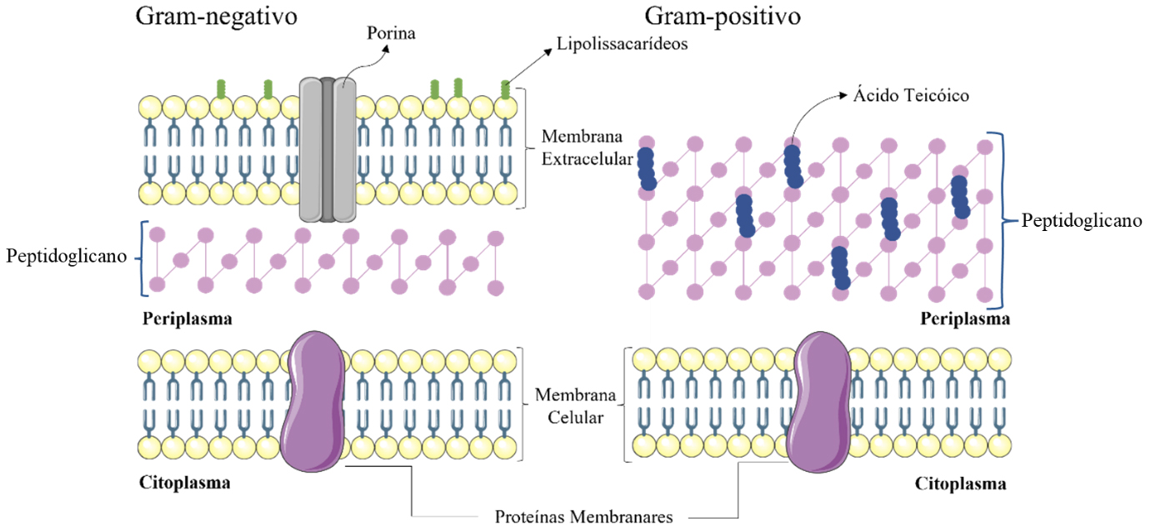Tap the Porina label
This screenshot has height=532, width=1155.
[x=391, y=33]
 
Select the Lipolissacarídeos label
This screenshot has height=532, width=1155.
[x=622, y=45]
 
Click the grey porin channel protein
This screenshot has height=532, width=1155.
[x=327, y=150]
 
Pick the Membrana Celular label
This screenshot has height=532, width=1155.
[x=569, y=405]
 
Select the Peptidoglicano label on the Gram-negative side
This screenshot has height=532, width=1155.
[x=65, y=255]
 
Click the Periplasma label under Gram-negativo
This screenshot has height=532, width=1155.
[x=187, y=319]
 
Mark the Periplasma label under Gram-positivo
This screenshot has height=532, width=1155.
[x=965, y=319]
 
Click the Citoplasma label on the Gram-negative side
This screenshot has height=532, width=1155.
[x=185, y=483]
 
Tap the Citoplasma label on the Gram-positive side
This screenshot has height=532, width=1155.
[x=960, y=484]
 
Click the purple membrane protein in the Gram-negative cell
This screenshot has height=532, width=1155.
[x=313, y=399]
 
